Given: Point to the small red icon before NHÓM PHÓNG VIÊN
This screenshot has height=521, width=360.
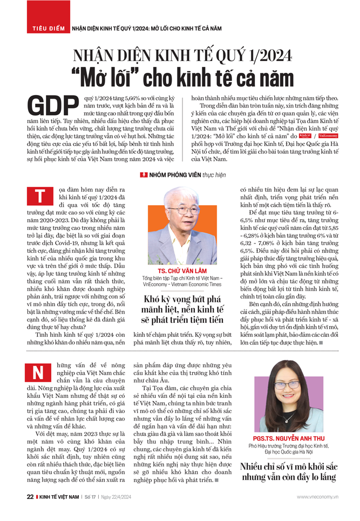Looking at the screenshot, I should point(144,175).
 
